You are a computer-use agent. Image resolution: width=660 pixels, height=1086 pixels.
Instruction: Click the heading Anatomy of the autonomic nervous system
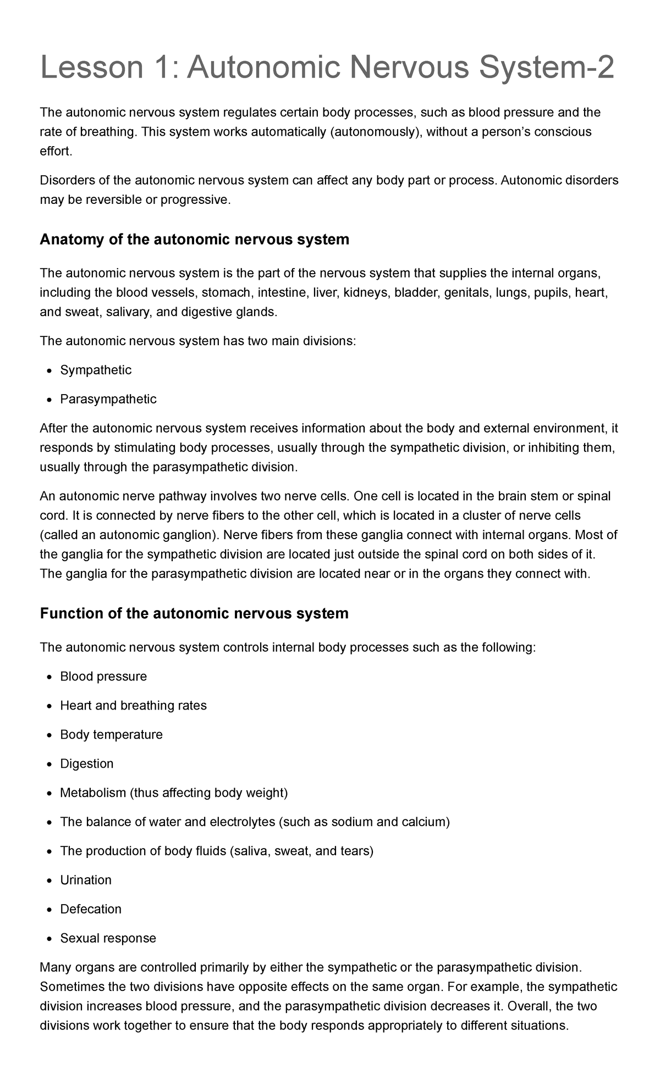coord(194,240)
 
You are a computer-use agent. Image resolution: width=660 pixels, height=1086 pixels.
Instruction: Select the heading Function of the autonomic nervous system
coord(194,613)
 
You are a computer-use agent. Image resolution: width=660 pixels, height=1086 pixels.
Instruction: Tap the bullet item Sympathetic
coord(96,370)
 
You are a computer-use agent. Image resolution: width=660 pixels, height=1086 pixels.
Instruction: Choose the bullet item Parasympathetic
coord(108,399)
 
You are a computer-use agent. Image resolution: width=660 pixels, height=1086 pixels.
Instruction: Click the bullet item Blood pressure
coord(103,677)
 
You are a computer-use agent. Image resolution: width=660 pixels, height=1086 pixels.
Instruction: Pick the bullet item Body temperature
coord(111,735)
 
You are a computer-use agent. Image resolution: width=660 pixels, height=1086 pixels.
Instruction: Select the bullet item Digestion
coord(87,764)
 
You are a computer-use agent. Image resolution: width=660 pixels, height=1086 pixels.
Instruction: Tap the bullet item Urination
coord(86,880)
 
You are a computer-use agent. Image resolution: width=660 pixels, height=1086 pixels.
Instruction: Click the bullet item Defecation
coord(91,910)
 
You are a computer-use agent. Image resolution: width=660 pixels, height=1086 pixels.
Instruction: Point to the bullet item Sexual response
coord(108,939)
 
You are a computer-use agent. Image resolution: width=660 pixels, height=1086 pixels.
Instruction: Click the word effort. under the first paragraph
coord(56,152)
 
